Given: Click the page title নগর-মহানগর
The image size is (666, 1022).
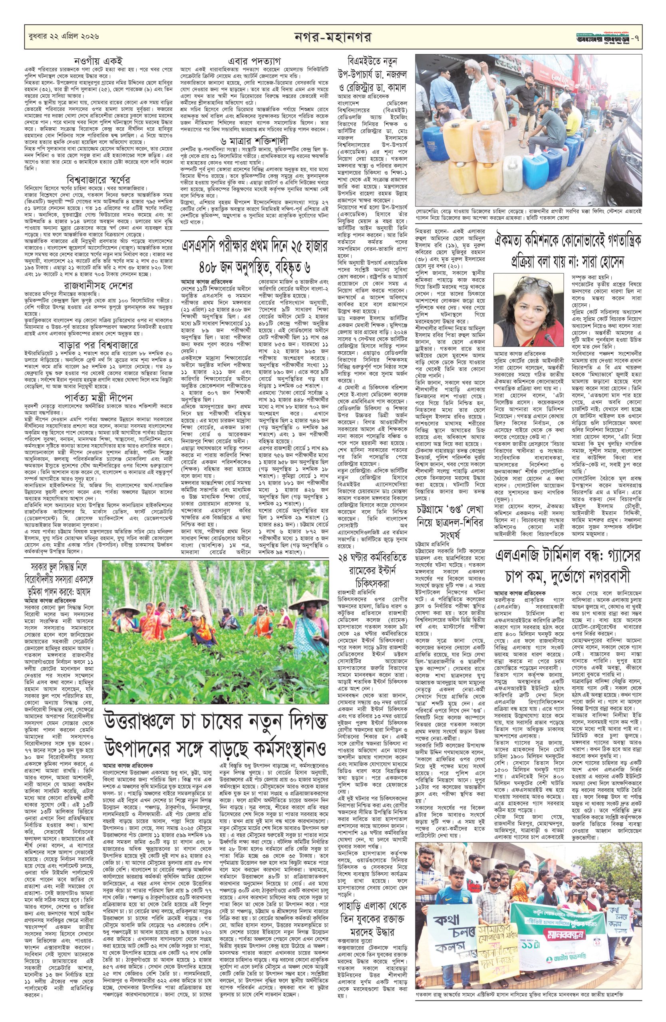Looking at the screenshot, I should point(333,38).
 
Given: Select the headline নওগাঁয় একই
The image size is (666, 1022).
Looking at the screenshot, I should point(92,61).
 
